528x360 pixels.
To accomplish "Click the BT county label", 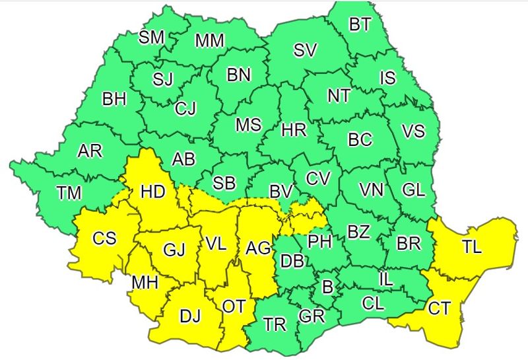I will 360,25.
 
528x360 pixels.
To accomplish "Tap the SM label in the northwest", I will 151,37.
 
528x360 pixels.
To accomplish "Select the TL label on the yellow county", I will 471,247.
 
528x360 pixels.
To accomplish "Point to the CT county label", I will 440,308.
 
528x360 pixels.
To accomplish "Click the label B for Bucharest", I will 327,287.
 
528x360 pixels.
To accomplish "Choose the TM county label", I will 69,193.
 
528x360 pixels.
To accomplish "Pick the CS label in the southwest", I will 104,238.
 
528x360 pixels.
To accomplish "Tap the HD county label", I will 152,192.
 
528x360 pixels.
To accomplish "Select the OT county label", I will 233,306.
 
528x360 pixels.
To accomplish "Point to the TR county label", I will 275,324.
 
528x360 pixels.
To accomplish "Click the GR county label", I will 312,316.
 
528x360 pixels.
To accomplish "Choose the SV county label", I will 304,50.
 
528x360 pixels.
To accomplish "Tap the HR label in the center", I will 294,130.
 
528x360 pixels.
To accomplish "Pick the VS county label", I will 413,131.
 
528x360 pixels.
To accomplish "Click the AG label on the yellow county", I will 258,248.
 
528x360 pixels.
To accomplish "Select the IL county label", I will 386,279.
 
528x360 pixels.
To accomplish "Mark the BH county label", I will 114,99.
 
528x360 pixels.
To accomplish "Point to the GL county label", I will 413,190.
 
